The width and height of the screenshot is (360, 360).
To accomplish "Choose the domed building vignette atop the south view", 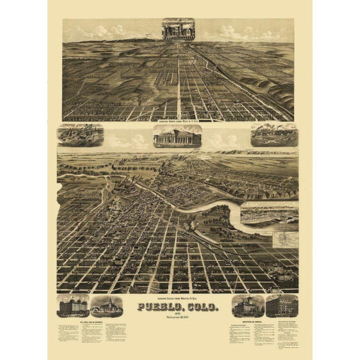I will click(178, 136).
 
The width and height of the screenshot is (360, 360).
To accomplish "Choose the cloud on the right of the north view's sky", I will click(240, 32).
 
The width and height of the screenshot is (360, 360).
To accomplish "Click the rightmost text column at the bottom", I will click(283, 330).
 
